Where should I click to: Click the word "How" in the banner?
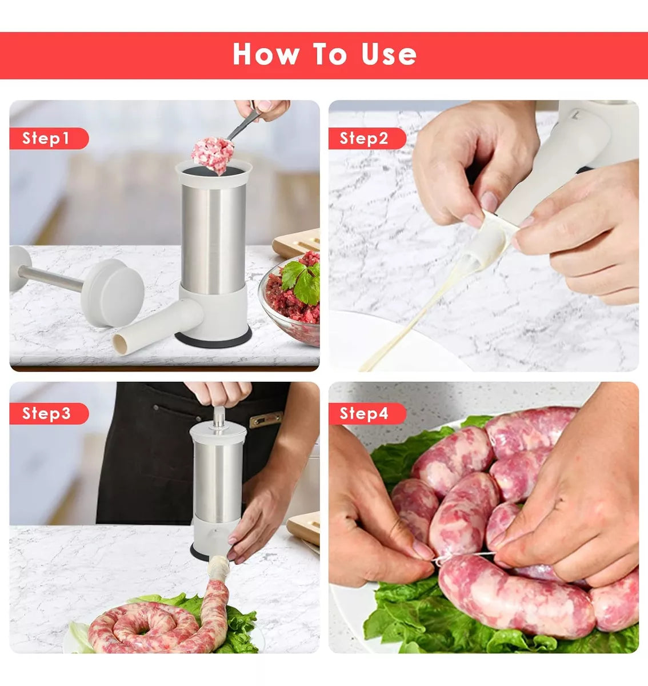click(266, 54)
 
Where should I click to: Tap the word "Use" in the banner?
click(389, 55)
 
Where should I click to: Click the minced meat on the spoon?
click(213, 155)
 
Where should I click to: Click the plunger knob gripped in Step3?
click(219, 417)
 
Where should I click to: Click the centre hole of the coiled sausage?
click(143, 631)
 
